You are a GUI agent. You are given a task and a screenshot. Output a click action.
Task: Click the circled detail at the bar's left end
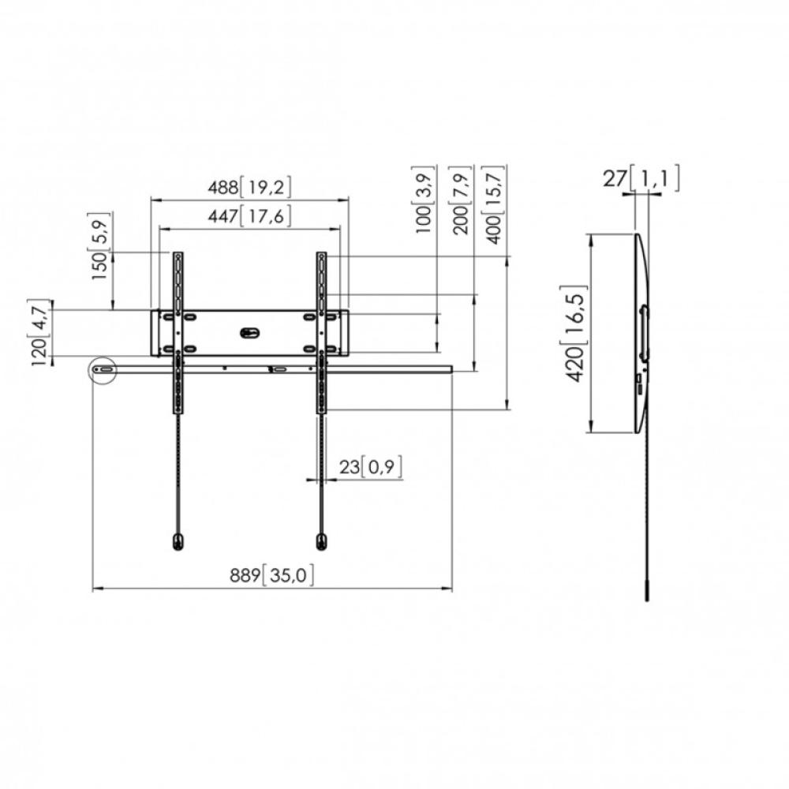point(103,369)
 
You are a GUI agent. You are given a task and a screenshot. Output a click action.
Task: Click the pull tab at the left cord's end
point(178,541)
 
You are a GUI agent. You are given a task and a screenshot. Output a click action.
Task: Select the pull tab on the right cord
point(320,541)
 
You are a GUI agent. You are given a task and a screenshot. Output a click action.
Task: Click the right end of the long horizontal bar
point(450,368)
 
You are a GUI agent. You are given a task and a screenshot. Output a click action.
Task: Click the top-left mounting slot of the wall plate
point(167,316)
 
